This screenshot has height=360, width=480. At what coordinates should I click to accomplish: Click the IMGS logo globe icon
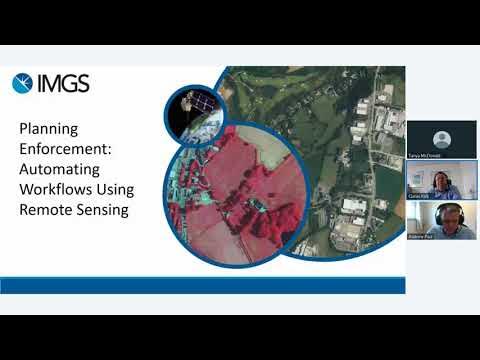point(22,84)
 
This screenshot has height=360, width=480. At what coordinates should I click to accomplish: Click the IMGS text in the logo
point(63,84)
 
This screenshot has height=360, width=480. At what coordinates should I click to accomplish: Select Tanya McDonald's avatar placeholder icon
point(441,136)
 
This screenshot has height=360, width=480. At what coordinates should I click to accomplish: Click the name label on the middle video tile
point(418,196)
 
